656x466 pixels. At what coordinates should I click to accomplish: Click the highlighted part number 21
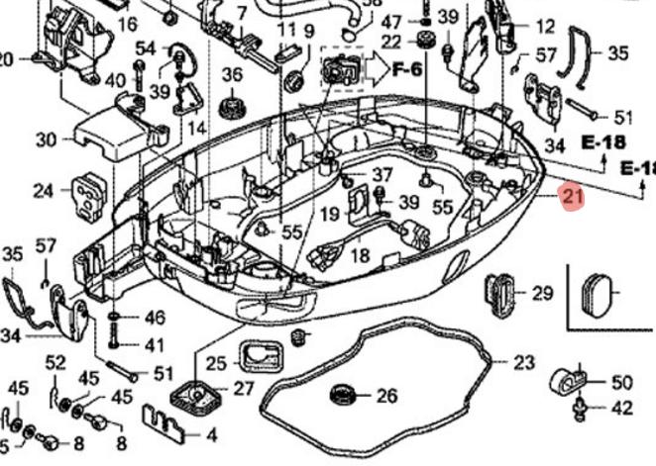tap(572, 197)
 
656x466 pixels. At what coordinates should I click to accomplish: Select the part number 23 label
tap(523, 363)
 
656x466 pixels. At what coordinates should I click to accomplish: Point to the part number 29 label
tap(542, 293)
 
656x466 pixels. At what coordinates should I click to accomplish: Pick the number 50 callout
tap(621, 382)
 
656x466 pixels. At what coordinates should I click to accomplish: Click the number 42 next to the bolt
tap(621, 407)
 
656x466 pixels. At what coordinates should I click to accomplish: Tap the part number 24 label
tap(43, 190)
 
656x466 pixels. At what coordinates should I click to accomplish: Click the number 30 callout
tap(46, 140)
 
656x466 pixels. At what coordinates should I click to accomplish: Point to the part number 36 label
tap(232, 74)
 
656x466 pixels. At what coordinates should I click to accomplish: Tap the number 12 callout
tap(545, 27)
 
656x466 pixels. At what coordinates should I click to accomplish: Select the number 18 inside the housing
tap(360, 255)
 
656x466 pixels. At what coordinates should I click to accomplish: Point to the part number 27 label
tap(244, 388)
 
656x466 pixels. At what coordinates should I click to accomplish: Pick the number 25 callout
tap(217, 363)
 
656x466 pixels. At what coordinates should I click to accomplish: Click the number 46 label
tap(155, 318)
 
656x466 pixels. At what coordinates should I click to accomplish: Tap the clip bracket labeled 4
tap(166, 422)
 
